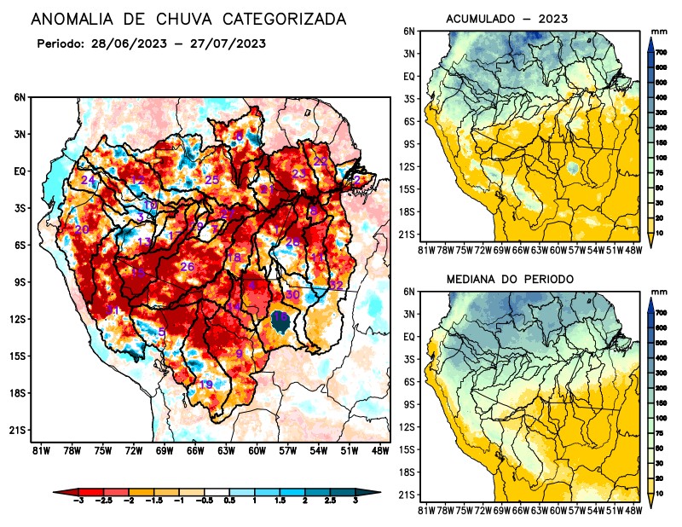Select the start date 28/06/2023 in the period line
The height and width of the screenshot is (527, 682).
(x=127, y=43)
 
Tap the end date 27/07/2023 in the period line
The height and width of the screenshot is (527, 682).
(x=223, y=43)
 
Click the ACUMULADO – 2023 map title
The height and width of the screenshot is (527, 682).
(x=507, y=19)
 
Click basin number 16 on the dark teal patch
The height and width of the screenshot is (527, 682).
(x=280, y=317)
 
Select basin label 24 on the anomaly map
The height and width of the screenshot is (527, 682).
(x=88, y=180)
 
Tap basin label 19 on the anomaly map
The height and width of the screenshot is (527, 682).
(x=205, y=385)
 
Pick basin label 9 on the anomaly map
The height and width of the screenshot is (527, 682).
(x=240, y=354)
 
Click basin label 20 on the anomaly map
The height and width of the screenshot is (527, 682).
(x=82, y=230)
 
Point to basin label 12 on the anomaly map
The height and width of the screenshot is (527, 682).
(x=136, y=180)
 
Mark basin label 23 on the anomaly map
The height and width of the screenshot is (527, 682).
(x=298, y=174)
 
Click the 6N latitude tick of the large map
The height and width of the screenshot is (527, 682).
(x=20, y=97)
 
